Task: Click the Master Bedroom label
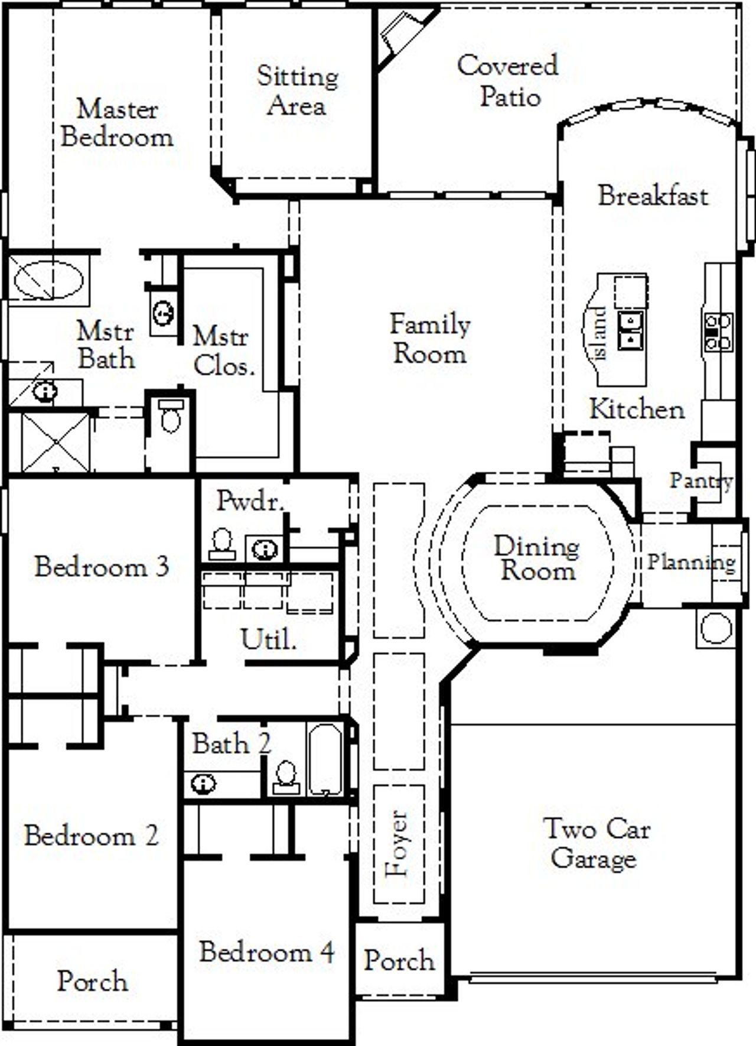(117, 123)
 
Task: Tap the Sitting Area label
(297, 91)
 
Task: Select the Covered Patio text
(508, 80)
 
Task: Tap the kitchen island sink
(631, 330)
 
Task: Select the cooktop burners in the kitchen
(718, 332)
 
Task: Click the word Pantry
(701, 481)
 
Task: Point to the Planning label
(691, 561)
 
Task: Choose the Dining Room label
(536, 558)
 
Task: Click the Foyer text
(397, 843)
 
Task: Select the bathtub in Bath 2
(324, 760)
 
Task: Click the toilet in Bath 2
(286, 777)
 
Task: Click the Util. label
(268, 639)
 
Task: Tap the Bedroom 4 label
(266, 951)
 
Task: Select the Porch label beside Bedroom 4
(399, 960)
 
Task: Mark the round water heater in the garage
(716, 628)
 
